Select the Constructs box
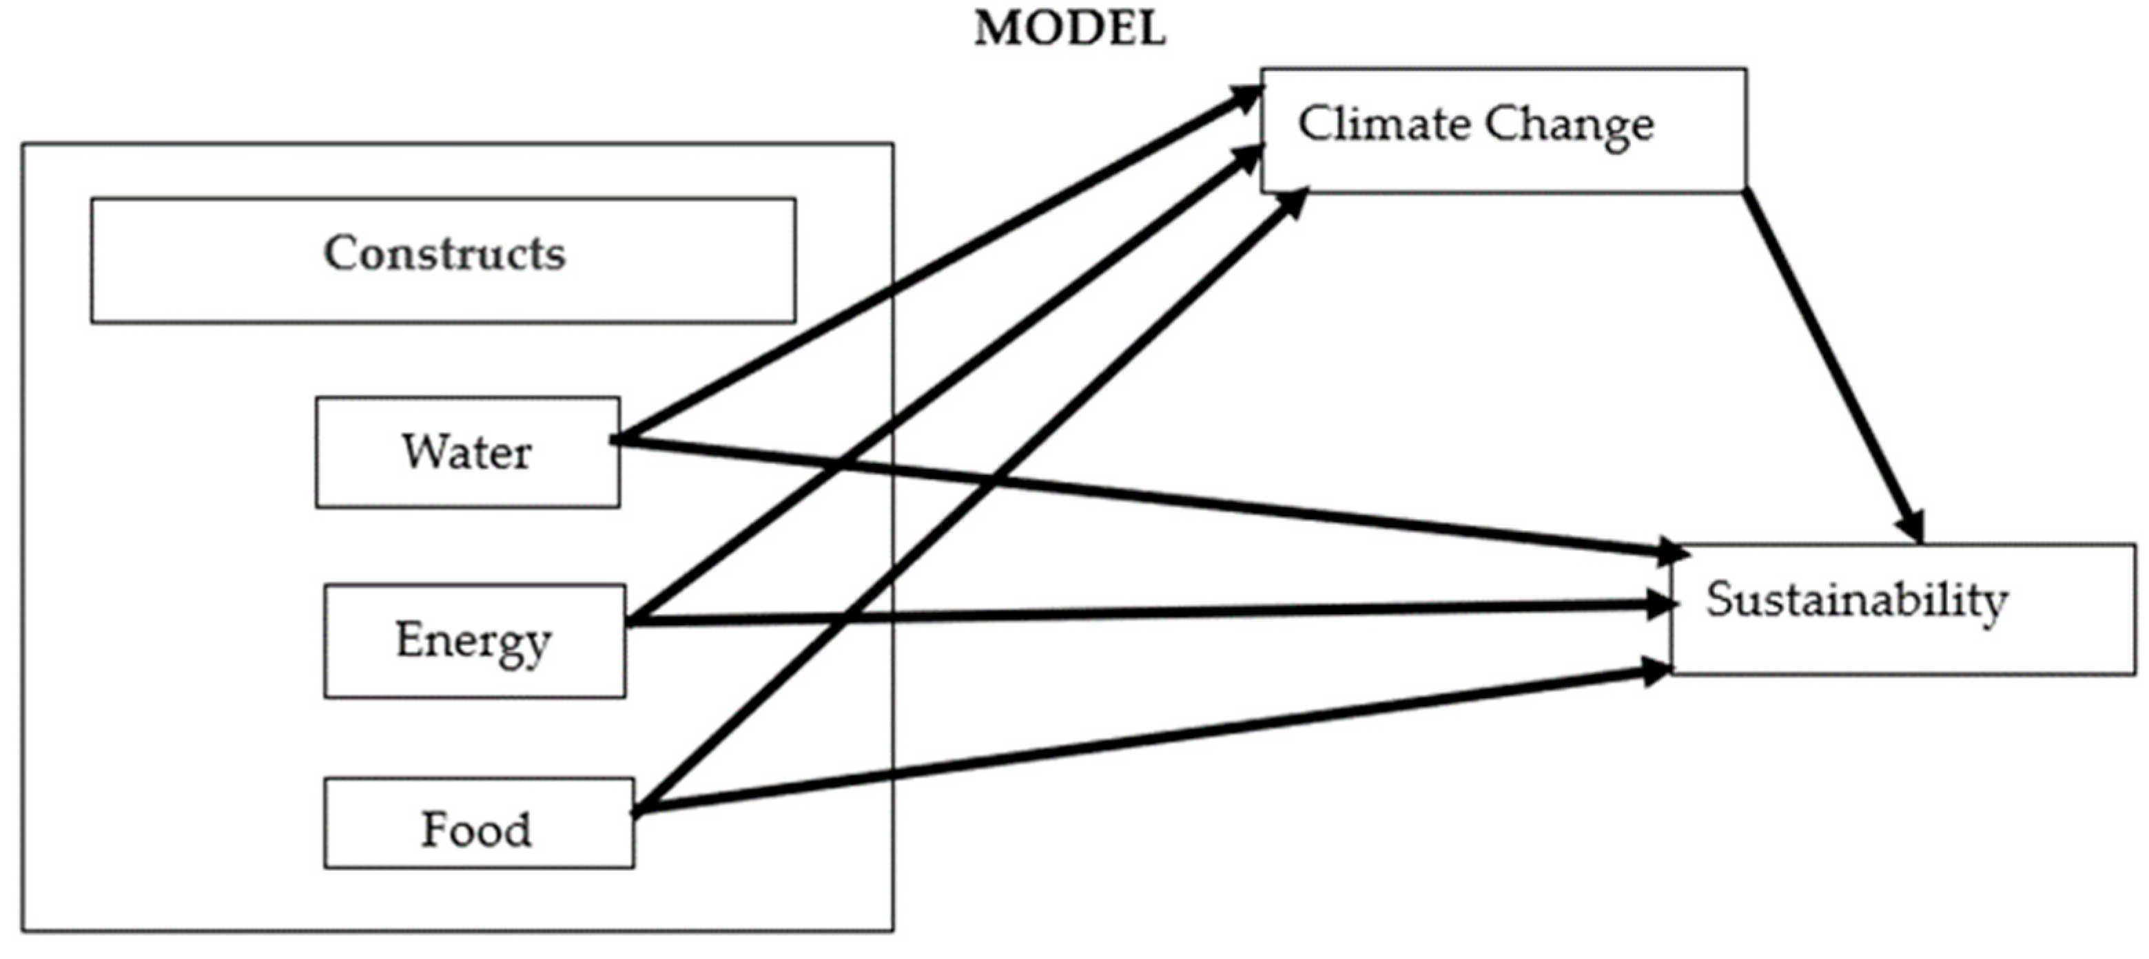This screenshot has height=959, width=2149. point(443,260)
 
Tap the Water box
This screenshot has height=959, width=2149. point(467,452)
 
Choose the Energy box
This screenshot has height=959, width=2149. point(474,640)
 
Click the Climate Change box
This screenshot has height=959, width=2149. point(1503,129)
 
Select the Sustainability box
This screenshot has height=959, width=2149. point(1902,608)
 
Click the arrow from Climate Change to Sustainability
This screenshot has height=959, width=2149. point(1836,367)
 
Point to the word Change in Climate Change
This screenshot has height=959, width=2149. point(1568,127)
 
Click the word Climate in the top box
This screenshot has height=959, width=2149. point(1384,125)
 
